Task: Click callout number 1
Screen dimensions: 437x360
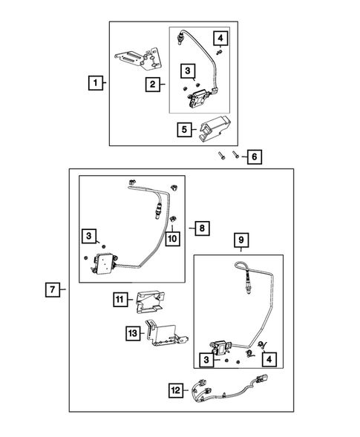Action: point(94,84)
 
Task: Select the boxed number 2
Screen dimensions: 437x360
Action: point(151,84)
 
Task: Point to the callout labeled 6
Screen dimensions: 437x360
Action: point(255,157)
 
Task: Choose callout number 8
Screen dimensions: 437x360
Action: point(202,229)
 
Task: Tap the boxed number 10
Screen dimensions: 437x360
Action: point(171,239)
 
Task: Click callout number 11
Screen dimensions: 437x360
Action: point(120,299)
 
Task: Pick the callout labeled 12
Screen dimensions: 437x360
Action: point(175,389)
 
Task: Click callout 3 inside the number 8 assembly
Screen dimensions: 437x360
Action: point(88,236)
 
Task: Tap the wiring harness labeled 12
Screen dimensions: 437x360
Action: point(230,389)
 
